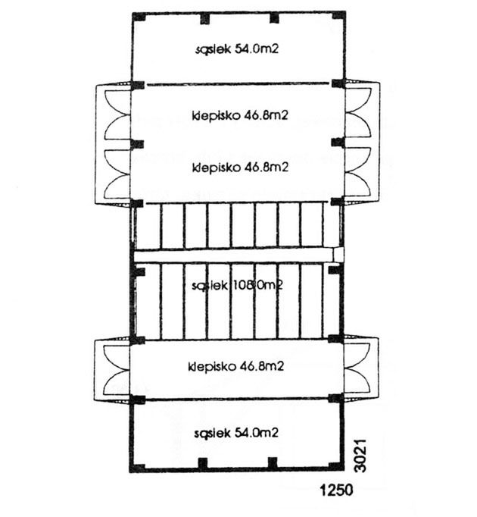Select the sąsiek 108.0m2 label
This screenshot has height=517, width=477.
(x=237, y=286)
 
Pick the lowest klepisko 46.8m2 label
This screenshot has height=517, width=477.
(x=237, y=367)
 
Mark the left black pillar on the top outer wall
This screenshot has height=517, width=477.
(x=203, y=17)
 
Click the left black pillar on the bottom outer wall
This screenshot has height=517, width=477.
(x=203, y=462)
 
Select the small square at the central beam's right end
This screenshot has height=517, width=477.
(x=338, y=255)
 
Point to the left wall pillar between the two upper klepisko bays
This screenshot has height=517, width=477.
(x=136, y=143)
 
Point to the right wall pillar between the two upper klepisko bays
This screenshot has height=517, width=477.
(x=337, y=143)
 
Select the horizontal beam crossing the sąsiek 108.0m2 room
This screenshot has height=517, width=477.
(x=235, y=255)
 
